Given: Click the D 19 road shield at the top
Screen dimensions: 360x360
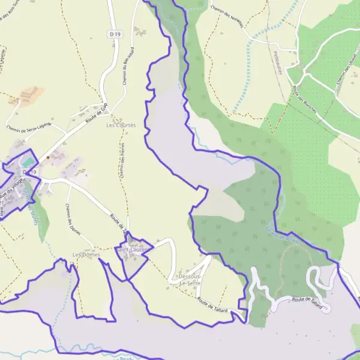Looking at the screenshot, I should point(115,35).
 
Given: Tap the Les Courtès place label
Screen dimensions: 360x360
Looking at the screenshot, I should point(121,125).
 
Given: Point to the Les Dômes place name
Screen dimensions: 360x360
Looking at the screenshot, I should point(85,255).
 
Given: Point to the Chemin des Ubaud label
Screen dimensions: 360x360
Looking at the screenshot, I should point(346,76).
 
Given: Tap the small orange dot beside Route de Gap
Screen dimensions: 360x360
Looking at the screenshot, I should point(47,158).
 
